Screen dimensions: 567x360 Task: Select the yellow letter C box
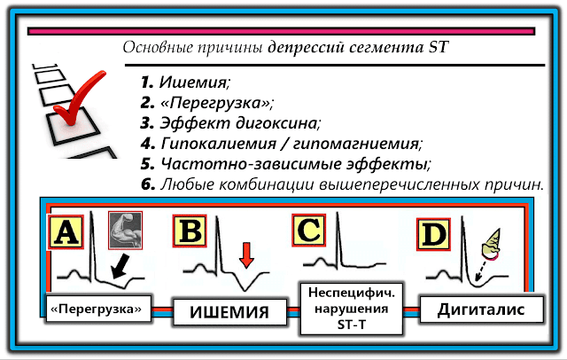point(309,231)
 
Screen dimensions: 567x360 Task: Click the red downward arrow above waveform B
point(245,254)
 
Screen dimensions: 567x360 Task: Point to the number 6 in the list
point(147,184)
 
